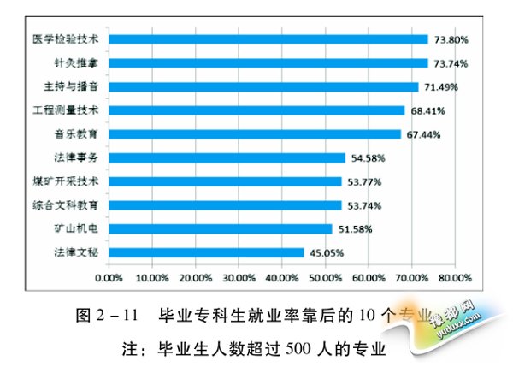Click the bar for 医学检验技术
click(268, 39)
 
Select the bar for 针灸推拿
click(268, 63)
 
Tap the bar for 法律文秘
click(207, 252)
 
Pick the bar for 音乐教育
click(255, 134)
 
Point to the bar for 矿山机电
click(221, 228)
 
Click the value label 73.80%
click(451, 39)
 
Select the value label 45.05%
click(327, 252)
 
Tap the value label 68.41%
click(427, 111)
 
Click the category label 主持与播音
click(73, 87)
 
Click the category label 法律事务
click(79, 158)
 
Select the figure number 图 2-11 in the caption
click(102, 315)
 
